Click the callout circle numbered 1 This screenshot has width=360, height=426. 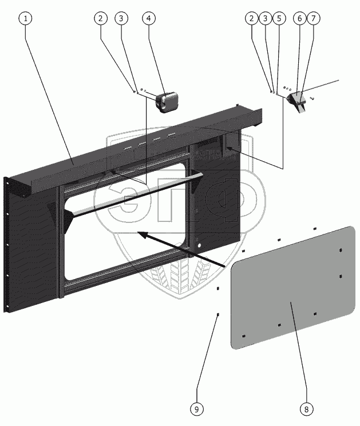pyautogui.click(x=25, y=18)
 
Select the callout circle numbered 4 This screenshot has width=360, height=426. pyautogui.click(x=148, y=18)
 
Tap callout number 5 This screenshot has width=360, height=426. pyautogui.click(x=279, y=18)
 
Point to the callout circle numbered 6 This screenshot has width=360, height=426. pyautogui.click(x=299, y=18)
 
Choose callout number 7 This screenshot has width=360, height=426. pyautogui.click(x=313, y=18)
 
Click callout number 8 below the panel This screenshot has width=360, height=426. pyautogui.click(x=306, y=409)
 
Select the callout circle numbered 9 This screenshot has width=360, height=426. pyautogui.click(x=196, y=409)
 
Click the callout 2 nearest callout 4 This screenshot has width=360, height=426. pyautogui.click(x=101, y=18)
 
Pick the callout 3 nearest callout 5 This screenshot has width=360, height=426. pyautogui.click(x=265, y=18)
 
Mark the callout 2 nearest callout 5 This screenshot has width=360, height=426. pyautogui.click(x=251, y=18)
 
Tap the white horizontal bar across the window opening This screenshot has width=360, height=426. pyautogui.click(x=132, y=198)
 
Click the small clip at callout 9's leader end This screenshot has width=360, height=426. pyautogui.click(x=218, y=314)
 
